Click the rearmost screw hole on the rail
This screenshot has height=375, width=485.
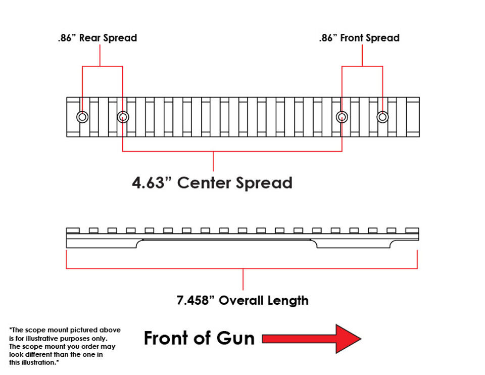point(82,117)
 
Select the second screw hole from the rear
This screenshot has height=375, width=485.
point(123,117)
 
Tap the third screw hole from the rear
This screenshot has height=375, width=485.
point(342,117)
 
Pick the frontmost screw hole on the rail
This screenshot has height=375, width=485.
point(382,117)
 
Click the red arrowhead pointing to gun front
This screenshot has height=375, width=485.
point(348,339)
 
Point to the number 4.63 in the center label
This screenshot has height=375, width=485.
point(148,182)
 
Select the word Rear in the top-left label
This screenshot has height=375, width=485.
point(90,38)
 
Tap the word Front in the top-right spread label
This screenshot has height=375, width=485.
point(352,38)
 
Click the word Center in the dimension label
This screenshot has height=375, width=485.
point(204,182)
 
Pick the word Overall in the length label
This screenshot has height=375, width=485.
point(241,300)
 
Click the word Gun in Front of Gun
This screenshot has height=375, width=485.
point(235,338)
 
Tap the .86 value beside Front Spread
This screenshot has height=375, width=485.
point(326,38)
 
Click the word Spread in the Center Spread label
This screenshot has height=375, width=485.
point(264,183)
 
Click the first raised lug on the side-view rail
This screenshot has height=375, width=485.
point(73,230)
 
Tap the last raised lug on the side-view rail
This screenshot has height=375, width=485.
point(412,230)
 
